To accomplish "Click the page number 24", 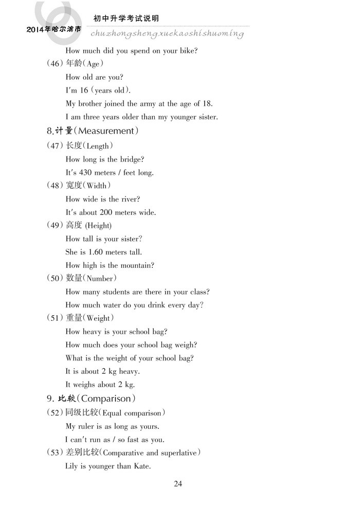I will click(178, 483).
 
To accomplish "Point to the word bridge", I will click(131, 159).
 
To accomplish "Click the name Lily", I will click(72, 466).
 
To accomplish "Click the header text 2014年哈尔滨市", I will click(53, 30).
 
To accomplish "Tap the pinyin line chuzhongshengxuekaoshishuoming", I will click(167, 33).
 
